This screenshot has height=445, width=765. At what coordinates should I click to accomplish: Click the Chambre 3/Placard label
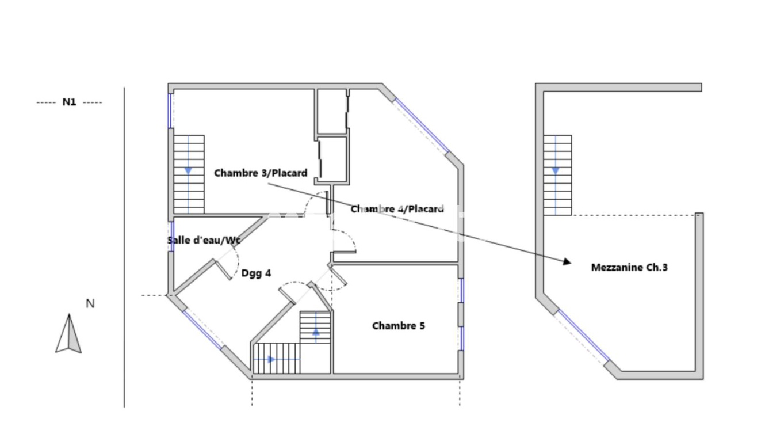(261, 173)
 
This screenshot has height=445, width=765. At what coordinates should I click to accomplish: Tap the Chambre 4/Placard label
(397, 208)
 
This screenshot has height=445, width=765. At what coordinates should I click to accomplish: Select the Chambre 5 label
(399, 326)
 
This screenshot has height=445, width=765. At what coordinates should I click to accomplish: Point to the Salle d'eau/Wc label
(204, 240)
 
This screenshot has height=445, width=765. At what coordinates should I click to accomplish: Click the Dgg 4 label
(256, 273)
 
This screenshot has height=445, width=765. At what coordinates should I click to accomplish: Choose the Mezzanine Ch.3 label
(629, 267)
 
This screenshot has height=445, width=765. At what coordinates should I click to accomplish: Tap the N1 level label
(70, 102)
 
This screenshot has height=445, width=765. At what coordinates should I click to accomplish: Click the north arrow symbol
(68, 333)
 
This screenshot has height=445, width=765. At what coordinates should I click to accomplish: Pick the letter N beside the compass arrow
(90, 303)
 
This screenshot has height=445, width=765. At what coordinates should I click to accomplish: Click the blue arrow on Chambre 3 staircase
(188, 171)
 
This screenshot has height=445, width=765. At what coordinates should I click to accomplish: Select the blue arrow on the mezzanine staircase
(556, 171)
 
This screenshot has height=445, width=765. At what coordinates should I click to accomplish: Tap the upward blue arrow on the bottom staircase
(316, 331)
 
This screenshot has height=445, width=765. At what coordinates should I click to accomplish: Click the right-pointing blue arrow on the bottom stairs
(271, 359)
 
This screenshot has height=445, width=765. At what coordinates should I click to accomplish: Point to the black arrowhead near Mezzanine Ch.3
(567, 261)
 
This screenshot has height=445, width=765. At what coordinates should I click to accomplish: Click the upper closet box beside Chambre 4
(332, 112)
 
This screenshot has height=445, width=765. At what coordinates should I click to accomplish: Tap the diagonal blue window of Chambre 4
(422, 125)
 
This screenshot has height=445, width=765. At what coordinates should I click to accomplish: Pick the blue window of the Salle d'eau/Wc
(172, 236)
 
